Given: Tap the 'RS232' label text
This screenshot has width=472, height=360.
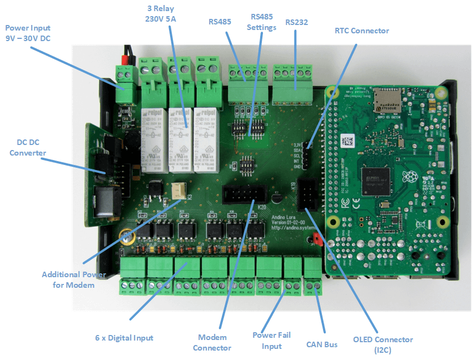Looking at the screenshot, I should [x=296, y=23].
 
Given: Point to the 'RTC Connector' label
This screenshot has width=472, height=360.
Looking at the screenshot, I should [x=361, y=31].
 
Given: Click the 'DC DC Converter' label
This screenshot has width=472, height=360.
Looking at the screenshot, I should [x=28, y=147].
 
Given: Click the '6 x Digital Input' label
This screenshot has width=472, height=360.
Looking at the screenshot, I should [x=124, y=337].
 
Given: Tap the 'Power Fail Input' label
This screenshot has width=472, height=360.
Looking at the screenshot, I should [x=272, y=341].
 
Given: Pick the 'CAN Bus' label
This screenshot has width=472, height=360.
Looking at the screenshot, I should [x=322, y=344].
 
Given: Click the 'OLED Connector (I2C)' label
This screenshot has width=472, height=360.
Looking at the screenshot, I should [x=383, y=344].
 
